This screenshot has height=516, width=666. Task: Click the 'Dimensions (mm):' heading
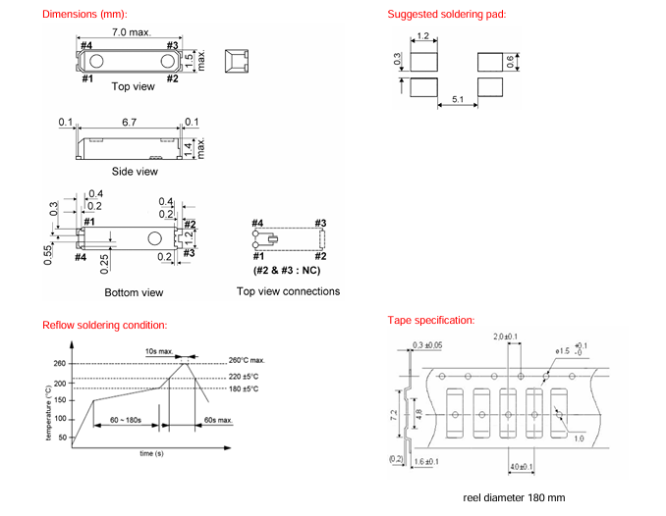pos(84,15)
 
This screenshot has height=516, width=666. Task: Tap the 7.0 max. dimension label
pos(132,32)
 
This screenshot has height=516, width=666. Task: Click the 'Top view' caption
pos(134,87)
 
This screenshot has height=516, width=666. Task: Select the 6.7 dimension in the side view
pos(129,123)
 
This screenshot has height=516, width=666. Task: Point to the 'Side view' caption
pos(135,172)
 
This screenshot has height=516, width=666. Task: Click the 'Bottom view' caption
pos(134,292)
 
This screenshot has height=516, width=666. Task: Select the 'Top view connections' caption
pos(288,291)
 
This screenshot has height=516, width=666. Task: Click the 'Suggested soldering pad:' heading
pos(446,15)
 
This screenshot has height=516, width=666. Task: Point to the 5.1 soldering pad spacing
pos(457,99)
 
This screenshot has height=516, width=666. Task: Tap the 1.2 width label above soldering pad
pos(423,36)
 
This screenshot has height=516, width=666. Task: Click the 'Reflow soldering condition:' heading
pos(104,325)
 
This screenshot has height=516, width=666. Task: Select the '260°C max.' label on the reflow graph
pos(247,360)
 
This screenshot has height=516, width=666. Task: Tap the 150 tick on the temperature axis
pos(59,399)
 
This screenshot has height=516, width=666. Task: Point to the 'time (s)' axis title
pos(152,454)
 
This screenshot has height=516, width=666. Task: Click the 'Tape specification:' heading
pos(431,321)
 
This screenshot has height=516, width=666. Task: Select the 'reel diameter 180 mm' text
pos(514,497)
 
